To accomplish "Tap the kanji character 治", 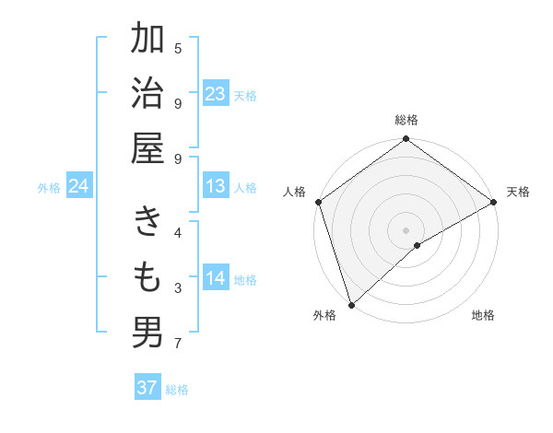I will coord(147,94).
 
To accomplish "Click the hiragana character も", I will coord(147,277).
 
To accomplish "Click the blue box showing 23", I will coord(216,94).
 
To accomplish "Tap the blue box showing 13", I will coord(216,186).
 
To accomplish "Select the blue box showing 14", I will coord(216,278).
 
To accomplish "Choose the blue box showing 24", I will coord(79,186).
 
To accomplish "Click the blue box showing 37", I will coord(147,388).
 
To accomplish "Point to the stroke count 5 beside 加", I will coord(178,48).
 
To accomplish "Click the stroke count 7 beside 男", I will coord(178,344).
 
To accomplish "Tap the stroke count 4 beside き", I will coord(178,232).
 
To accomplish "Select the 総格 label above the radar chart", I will coord(406,120).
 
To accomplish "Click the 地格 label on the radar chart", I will coord(483,315).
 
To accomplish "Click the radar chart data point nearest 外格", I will coord(351,304).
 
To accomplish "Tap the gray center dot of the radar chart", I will coord(406,229).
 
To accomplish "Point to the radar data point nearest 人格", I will coord(318,202).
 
